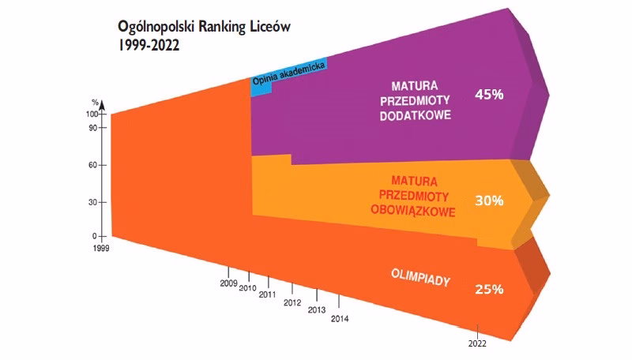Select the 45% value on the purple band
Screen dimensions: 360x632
tap(489, 94)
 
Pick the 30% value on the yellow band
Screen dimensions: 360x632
tap(489, 201)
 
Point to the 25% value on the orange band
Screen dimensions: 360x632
tap(489, 289)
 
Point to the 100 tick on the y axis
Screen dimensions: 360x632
tap(92, 114)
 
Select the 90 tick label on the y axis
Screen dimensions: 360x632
tap(93, 128)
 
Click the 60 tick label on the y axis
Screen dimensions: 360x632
tap(93, 165)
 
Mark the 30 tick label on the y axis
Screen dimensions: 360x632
tap(93, 202)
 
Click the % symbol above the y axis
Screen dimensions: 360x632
tap(95, 103)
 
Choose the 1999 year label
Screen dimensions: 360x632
tap(101, 248)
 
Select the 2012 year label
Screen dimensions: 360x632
tap(292, 302)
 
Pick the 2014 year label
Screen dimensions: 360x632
tap(340, 319)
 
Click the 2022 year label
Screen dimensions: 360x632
tap(476, 343)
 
